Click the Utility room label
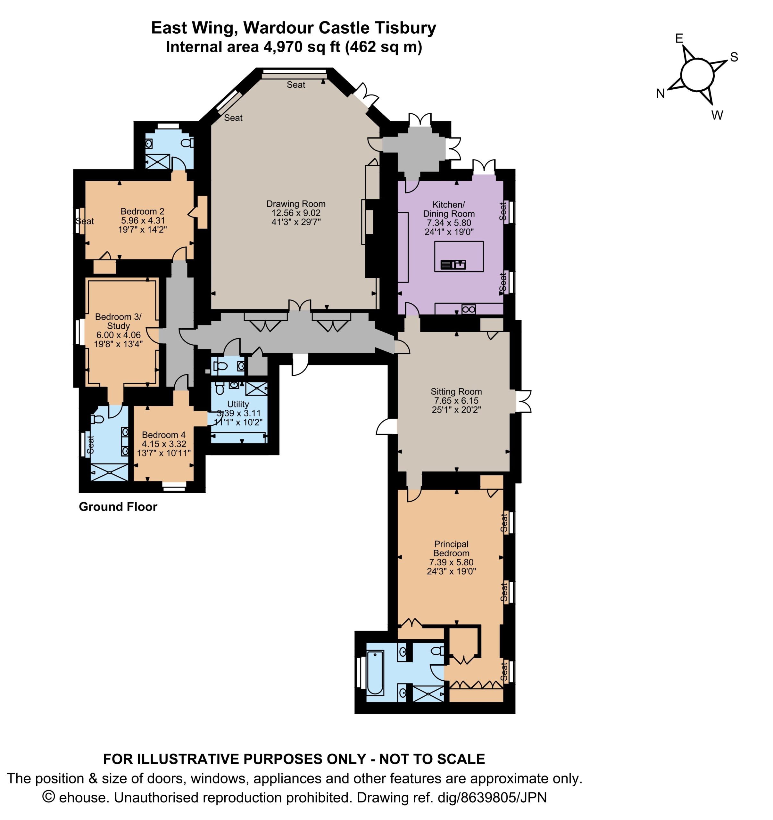tap(238, 404)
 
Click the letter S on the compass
tap(734, 57)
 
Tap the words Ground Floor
tap(118, 507)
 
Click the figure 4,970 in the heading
tap(284, 47)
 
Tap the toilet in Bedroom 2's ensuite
tap(189, 143)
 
